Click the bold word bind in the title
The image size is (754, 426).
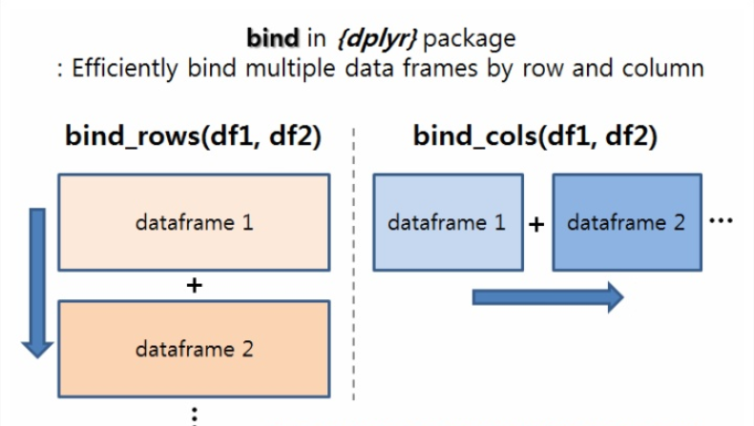click(272, 38)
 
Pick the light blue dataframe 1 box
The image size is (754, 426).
click(447, 223)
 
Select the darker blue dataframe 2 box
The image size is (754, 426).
click(626, 223)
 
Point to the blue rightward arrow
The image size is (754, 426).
click(547, 297)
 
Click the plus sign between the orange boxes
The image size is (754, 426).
click(194, 284)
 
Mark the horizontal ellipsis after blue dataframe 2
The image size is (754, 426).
click(722, 219)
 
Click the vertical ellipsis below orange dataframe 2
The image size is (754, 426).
click(194, 414)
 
